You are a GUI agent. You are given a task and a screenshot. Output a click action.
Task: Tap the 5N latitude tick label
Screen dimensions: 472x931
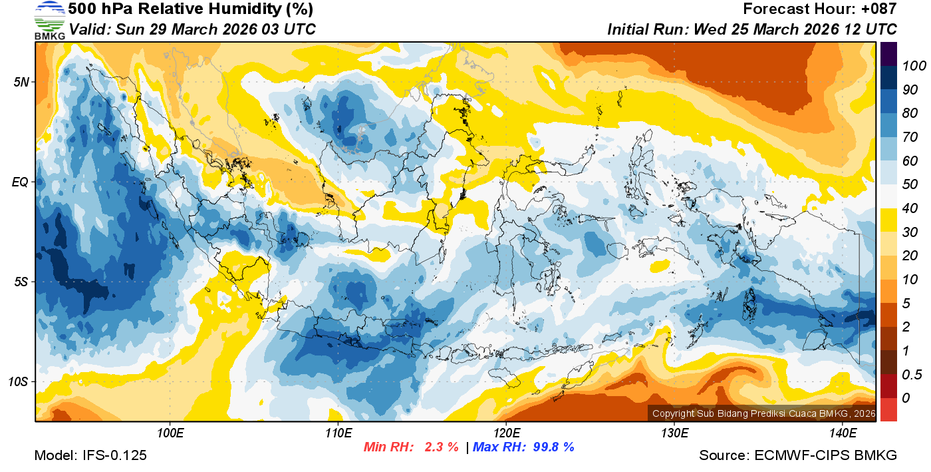21,82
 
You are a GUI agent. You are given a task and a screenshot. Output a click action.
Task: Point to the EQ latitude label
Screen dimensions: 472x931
21,182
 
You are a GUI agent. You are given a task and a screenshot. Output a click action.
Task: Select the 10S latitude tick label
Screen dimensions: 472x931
19,382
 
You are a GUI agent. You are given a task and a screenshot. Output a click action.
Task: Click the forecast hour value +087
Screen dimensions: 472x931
880,9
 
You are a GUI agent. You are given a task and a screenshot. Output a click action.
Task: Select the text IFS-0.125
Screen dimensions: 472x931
114,455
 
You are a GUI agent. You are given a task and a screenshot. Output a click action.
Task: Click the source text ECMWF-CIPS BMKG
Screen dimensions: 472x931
826,455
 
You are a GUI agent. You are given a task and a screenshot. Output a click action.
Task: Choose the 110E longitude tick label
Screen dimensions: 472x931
338,433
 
